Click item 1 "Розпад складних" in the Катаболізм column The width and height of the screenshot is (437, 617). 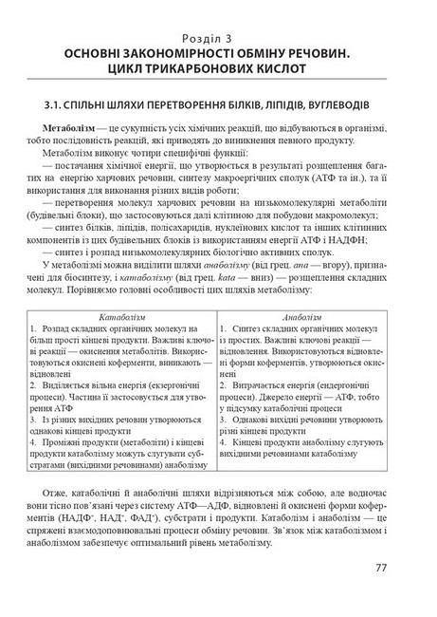[95, 327]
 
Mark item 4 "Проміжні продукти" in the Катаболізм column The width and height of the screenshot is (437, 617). [95, 442]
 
